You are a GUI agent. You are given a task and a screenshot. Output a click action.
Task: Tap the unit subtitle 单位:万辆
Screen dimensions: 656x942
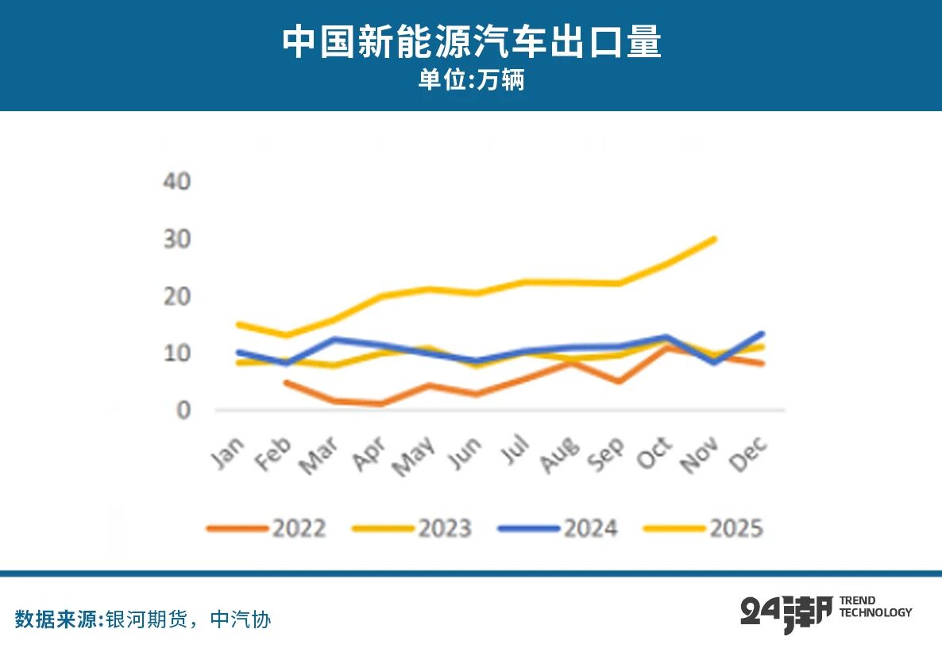pos(471,81)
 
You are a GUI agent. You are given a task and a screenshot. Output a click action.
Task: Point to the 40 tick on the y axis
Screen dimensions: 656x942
pos(177,182)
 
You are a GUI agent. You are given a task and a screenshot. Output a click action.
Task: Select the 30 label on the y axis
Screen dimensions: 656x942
pos(177,239)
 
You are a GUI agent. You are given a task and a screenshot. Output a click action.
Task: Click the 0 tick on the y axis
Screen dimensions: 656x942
pos(183,411)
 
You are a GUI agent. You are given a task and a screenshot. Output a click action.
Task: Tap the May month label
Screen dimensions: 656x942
pos(413,456)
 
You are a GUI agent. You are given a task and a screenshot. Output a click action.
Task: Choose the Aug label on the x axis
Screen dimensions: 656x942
pos(558,454)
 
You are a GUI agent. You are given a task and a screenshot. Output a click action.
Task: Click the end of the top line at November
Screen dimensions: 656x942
pos(714,238)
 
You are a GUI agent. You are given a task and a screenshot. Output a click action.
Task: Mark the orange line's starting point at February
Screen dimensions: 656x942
pos(285,383)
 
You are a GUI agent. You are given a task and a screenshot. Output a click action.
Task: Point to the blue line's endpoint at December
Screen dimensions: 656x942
pos(762,334)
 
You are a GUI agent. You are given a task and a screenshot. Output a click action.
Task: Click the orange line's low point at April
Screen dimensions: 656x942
pos(382,403)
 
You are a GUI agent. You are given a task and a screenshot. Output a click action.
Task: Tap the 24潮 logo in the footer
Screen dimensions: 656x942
pos(786,612)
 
